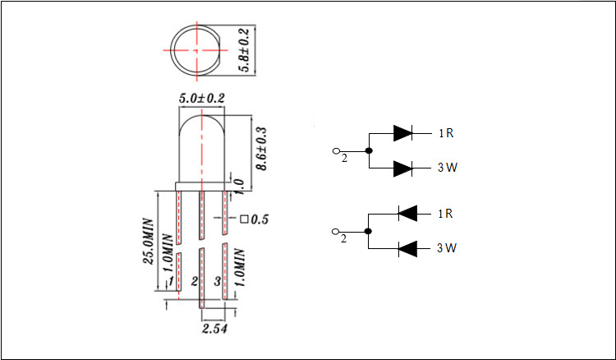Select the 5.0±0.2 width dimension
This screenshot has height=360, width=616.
[201, 99]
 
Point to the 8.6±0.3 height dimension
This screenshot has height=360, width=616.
[261, 148]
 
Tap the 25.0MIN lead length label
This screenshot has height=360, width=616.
[149, 241]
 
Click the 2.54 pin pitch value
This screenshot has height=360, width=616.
[214, 328]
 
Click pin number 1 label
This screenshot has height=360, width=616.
[172, 281]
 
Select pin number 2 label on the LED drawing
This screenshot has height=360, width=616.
[195, 281]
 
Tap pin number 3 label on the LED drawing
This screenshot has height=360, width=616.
[218, 281]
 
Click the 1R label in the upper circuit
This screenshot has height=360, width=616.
[446, 134]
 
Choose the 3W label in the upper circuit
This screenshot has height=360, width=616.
[448, 168]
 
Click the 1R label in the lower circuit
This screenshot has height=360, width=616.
[445, 214]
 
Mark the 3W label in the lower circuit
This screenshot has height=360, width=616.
[447, 248]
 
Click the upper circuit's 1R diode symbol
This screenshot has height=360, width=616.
[402, 134]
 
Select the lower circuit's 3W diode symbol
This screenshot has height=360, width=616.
[407, 248]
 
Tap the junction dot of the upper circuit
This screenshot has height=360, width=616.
[369, 150]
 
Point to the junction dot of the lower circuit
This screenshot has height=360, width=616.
[368, 231]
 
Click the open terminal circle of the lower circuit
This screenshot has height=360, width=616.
[335, 232]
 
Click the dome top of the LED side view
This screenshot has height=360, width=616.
[201, 116]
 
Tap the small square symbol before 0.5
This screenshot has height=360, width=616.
[245, 219]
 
